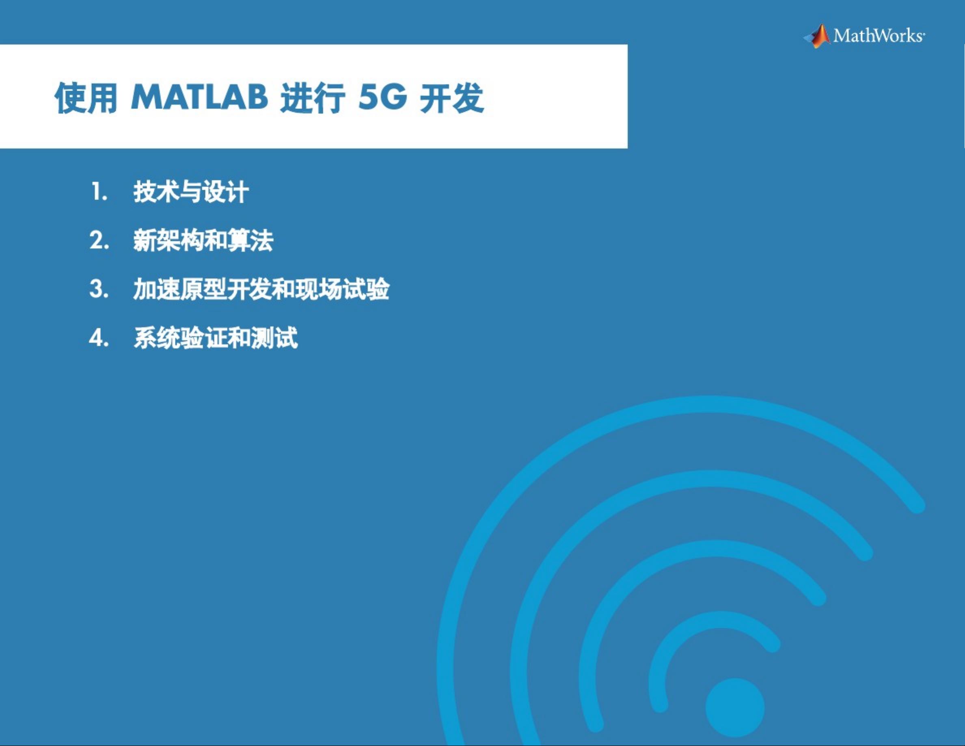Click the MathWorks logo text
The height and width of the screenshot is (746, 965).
tap(879, 35)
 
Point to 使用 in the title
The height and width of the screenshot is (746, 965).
tap(86, 98)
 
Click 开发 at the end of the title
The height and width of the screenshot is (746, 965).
tap(452, 98)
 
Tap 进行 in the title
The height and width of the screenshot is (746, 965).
tap(313, 98)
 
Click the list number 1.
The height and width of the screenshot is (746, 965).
tap(100, 192)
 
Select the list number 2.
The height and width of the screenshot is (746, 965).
tap(99, 240)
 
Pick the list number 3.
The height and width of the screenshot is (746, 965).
tap(99, 289)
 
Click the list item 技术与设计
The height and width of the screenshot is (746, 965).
tap(191, 192)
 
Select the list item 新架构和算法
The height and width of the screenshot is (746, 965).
tap(203, 241)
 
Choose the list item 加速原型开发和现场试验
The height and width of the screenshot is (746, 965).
tap(261, 290)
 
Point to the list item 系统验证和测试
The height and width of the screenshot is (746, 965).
tap(216, 338)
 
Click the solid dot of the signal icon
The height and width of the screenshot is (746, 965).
tap(735, 707)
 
